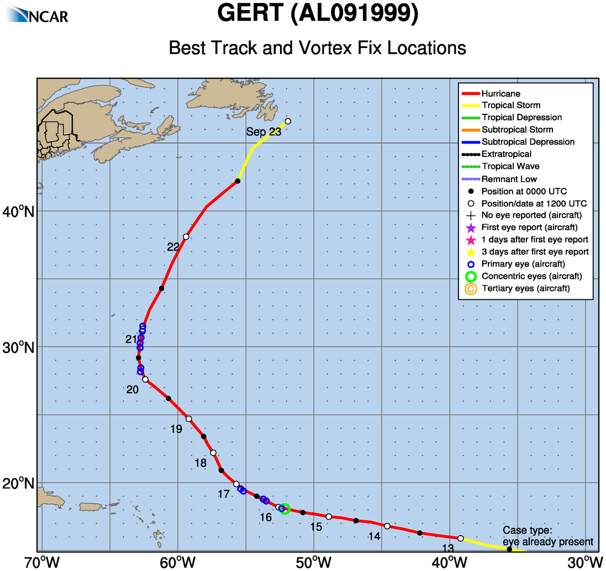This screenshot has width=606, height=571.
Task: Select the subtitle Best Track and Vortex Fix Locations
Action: click(317, 47)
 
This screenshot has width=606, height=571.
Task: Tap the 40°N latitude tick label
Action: click(23, 212)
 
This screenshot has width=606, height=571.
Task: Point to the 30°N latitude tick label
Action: click(23, 347)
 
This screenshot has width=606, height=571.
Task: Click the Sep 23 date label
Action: click(264, 132)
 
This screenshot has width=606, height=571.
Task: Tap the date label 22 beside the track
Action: click(173, 247)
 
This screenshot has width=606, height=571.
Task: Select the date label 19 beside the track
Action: click(176, 429)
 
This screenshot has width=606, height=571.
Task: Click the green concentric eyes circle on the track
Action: click(285, 509)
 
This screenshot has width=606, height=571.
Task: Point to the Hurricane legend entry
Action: click(500, 94)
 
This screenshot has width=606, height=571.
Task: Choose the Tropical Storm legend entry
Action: click(510, 105)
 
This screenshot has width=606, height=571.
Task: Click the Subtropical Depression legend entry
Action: click(528, 142)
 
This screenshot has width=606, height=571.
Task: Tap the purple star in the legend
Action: click(471, 228)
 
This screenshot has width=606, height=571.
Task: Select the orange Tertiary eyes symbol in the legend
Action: click(471, 288)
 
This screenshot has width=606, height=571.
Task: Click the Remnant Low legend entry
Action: click(509, 179)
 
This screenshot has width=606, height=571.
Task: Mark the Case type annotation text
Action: click(547, 536)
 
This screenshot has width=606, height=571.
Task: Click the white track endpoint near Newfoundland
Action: click(288, 121)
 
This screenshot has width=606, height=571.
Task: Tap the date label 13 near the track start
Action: click(448, 548)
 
